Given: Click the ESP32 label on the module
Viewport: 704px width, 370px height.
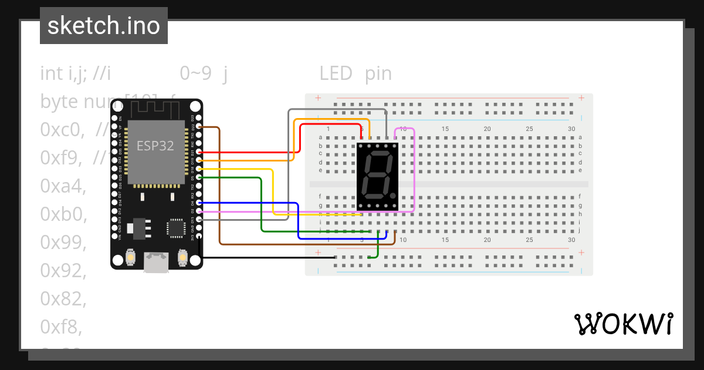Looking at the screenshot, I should click(x=155, y=146).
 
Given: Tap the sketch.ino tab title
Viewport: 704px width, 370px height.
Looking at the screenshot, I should click(x=104, y=26).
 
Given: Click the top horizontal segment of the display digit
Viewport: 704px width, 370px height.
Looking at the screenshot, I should click(x=378, y=155).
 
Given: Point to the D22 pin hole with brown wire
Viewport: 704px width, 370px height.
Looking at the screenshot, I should click(x=199, y=126).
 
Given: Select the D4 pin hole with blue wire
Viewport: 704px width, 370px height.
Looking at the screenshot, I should click(x=199, y=202).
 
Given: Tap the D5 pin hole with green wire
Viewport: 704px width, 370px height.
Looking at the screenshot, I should click(x=199, y=177).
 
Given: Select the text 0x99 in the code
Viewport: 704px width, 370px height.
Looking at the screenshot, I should click(x=63, y=242).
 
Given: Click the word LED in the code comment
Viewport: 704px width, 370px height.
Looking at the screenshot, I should click(x=336, y=73).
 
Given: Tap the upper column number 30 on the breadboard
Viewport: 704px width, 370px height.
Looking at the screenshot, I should click(x=571, y=129).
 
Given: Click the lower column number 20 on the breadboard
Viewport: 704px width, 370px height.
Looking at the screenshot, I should click(x=487, y=240).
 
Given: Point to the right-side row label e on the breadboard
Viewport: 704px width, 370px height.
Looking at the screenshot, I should click(x=580, y=170).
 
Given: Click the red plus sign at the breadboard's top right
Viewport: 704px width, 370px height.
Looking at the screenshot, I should click(x=581, y=98).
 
